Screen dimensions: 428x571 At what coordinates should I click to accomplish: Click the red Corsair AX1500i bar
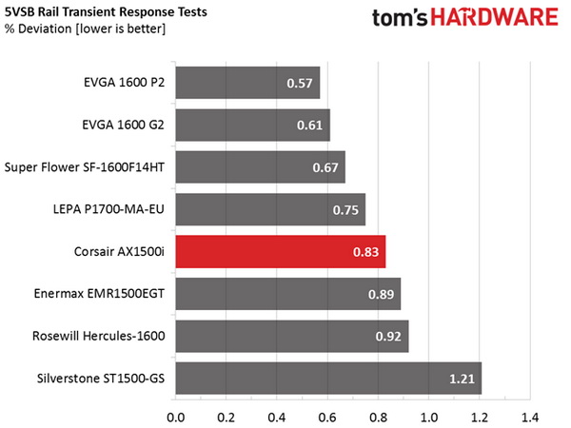click(280, 252)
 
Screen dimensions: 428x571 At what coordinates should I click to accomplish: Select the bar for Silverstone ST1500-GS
click(328, 378)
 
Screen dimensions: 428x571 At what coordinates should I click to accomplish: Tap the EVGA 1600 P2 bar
click(247, 84)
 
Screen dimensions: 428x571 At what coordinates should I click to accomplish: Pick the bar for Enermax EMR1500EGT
click(287, 294)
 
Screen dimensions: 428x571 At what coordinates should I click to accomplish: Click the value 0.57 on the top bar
click(301, 84)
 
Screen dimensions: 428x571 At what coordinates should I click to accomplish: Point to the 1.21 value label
click(463, 379)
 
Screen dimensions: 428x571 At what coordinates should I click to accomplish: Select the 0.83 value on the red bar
click(366, 253)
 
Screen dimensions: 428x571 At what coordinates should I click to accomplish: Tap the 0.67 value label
click(326, 168)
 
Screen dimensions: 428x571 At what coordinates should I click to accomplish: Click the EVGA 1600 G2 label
click(124, 126)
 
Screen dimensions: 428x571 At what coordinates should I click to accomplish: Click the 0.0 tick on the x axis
click(175, 416)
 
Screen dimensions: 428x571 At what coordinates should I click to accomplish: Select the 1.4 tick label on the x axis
click(529, 416)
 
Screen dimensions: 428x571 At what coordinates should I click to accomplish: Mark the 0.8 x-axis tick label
click(378, 416)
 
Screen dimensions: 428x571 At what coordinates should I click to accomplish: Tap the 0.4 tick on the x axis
click(277, 416)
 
